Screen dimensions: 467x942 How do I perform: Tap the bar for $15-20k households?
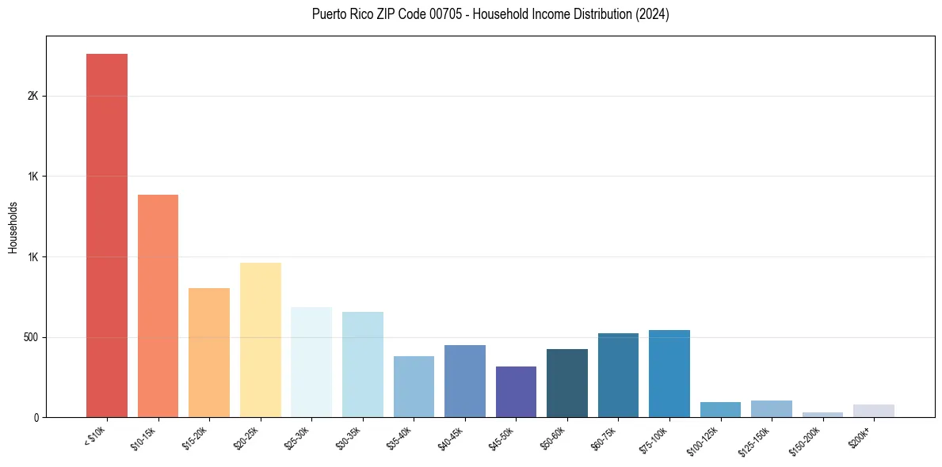209,352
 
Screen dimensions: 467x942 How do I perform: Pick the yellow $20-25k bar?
261,340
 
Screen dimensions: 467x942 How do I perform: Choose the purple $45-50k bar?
516,392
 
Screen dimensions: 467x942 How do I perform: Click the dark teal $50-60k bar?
567,383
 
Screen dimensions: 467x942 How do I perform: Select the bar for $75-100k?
669,374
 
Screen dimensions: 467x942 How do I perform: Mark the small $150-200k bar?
822,414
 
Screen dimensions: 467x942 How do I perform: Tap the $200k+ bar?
874,411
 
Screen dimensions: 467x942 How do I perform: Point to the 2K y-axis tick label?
32,96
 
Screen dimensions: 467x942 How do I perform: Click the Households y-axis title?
13,227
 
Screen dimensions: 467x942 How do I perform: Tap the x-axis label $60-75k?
605,437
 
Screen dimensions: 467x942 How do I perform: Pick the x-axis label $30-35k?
349,437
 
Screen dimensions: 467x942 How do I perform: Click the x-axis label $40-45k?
452,437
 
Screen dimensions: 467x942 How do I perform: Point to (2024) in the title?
653,14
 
